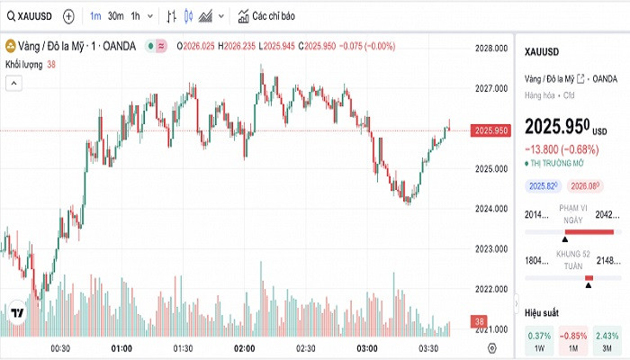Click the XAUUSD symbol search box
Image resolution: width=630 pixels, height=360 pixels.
[28, 16]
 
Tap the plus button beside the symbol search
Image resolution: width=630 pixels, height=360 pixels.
[68, 16]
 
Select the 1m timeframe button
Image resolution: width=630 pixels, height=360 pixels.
[96, 16]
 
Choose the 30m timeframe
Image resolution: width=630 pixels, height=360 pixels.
[116, 16]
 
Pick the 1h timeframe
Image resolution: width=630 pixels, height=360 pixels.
[136, 16]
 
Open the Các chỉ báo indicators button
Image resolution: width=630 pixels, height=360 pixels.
[266, 16]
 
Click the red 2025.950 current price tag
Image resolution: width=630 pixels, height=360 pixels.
[492, 130]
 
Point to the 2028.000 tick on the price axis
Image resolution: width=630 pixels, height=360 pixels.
[492, 48]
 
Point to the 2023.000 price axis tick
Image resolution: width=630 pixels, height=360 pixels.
[492, 248]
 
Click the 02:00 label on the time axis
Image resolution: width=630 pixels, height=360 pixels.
[244, 347]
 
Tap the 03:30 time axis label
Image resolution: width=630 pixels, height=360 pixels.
[428, 347]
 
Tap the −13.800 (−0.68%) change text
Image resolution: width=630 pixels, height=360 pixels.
[562, 148]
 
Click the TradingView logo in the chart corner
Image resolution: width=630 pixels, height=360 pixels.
[17, 312]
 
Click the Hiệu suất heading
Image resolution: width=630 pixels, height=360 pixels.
[544, 311]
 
